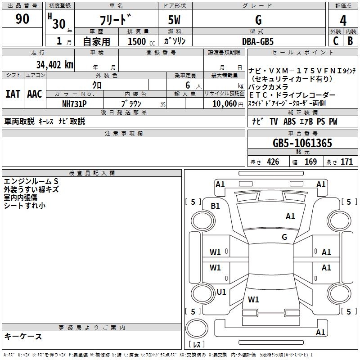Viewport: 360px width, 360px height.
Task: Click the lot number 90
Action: tap(22, 19)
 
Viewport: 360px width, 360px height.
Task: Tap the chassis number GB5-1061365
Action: tap(302, 144)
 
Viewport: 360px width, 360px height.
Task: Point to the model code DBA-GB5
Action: tap(258, 41)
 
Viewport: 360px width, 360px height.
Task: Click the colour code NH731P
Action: tap(75, 103)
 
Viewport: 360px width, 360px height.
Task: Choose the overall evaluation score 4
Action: tap(343, 21)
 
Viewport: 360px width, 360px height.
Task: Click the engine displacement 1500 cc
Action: tap(137, 41)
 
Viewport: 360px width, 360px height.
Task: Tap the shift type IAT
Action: tap(13, 94)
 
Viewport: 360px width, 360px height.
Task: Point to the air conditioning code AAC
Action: tap(35, 94)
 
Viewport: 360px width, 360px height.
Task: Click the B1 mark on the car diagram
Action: tap(216, 206)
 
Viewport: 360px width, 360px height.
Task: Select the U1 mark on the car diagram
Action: tap(221, 292)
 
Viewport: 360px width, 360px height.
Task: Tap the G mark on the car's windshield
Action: tap(284, 237)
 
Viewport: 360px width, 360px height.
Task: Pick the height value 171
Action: tap(346, 162)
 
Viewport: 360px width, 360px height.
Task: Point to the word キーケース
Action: tap(23, 337)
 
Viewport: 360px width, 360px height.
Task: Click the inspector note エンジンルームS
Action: tap(31, 181)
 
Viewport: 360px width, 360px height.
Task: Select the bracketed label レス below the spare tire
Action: tap(197, 345)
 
